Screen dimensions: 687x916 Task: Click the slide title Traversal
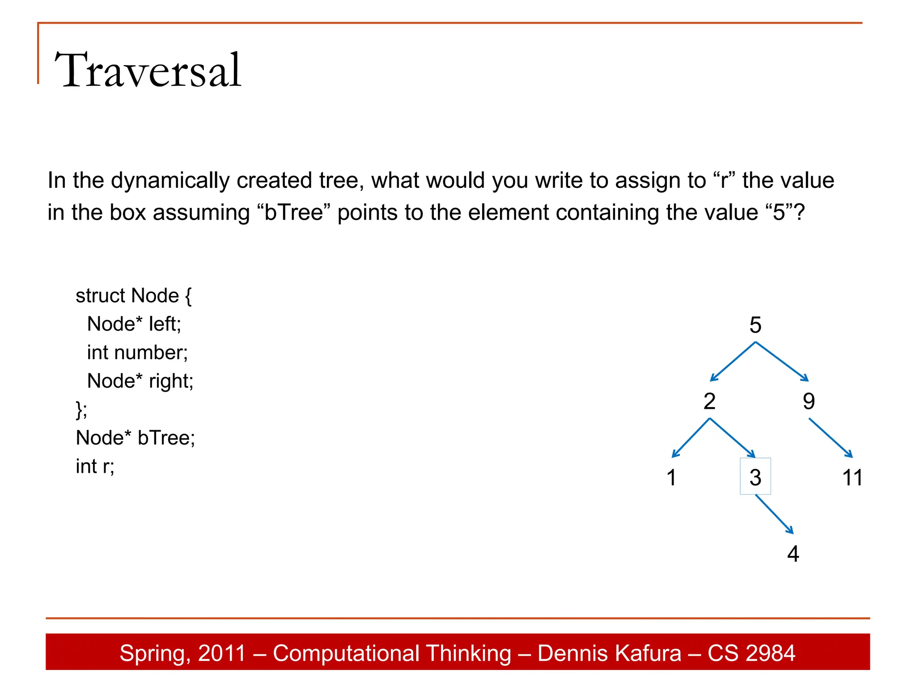[x=148, y=70]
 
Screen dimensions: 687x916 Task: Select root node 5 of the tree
[x=755, y=325]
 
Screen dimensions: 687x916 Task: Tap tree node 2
[x=709, y=401]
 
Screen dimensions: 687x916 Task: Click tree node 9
[x=809, y=401]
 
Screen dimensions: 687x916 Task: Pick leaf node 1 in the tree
[x=671, y=477]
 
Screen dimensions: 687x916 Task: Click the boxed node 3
[x=755, y=477]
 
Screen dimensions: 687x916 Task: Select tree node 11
[x=852, y=477]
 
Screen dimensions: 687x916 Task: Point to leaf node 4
[x=793, y=554]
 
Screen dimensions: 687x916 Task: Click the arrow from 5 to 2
[x=733, y=361]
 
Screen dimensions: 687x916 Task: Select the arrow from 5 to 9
[x=782, y=361]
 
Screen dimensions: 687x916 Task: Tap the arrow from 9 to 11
[x=831, y=437]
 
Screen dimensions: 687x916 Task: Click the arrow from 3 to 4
[x=774, y=514]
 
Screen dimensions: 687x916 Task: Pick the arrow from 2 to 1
[x=691, y=438]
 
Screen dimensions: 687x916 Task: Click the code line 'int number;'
[x=137, y=352]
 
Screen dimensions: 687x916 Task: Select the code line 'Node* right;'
[x=140, y=381]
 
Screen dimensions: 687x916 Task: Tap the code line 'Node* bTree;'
[x=136, y=438]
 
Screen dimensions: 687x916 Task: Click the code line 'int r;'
[x=95, y=466]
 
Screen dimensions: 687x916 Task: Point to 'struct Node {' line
[x=134, y=296]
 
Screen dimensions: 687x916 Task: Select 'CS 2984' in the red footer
[x=751, y=653]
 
